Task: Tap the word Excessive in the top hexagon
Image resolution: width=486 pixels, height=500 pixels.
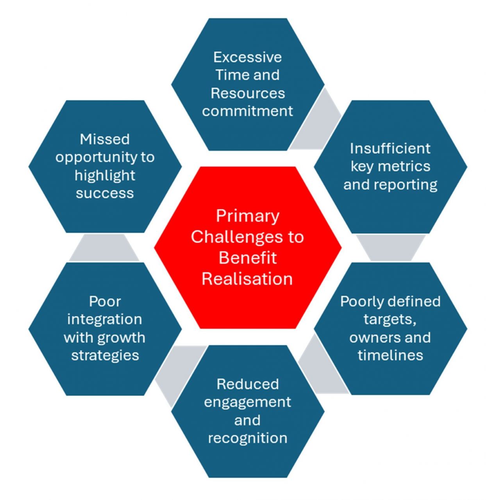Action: pyautogui.click(x=247, y=57)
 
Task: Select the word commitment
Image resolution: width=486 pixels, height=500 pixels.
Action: pyautogui.click(x=247, y=111)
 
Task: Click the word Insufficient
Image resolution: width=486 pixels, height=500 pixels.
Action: pyautogui.click(x=390, y=148)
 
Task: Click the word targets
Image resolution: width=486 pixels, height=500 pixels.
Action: pyautogui.click(x=390, y=319)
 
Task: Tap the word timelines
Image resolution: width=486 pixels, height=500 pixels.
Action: pyautogui.click(x=390, y=355)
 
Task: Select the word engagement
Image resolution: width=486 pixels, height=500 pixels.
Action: pyautogui.click(x=247, y=402)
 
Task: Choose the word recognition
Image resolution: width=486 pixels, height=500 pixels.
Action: pyautogui.click(x=247, y=438)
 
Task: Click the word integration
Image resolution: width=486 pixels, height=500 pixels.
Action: pyautogui.click(x=105, y=319)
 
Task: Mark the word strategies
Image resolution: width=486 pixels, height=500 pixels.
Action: pyautogui.click(x=105, y=355)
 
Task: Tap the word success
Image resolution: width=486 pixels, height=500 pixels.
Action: pyautogui.click(x=105, y=193)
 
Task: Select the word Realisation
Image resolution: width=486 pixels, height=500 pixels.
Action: pyautogui.click(x=247, y=279)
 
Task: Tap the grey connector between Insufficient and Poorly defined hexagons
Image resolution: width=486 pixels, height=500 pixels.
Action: pyautogui.click(x=391, y=247)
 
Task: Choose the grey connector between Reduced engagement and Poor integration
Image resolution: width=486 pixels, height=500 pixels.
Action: pyautogui.click(x=176, y=371)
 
